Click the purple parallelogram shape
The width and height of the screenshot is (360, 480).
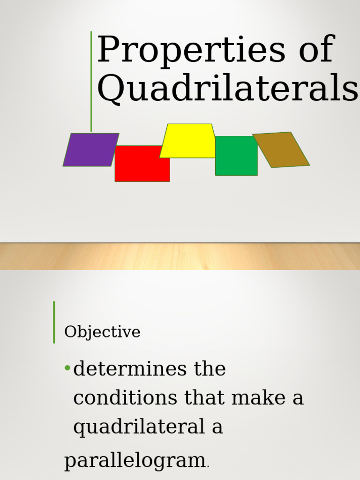(90, 150)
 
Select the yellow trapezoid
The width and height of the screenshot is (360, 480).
(187, 141)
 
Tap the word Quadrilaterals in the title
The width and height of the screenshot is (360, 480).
(228, 88)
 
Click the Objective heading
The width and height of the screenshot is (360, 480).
(102, 332)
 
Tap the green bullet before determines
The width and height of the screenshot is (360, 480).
(67, 368)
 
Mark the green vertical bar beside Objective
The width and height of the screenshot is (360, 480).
(54, 322)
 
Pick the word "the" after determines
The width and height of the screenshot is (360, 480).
(210, 369)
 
